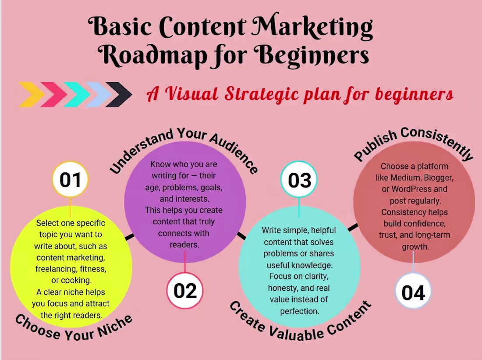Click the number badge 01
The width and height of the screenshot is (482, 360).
(x=70, y=179)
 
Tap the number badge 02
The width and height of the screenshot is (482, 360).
(x=185, y=290)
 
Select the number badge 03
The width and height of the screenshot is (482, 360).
(x=299, y=180)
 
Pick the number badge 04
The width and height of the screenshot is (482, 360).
(x=413, y=292)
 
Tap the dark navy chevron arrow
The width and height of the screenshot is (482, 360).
(x=119, y=94)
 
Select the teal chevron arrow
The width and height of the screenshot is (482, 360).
(x=77, y=94)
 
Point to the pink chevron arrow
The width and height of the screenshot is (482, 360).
(x=54, y=94)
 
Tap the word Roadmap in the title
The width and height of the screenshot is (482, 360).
(x=152, y=55)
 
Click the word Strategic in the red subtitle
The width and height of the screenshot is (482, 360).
(x=261, y=94)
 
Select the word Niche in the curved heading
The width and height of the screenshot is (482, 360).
(x=115, y=326)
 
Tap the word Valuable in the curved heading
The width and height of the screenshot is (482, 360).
(x=296, y=334)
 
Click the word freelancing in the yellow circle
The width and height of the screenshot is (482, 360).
(x=56, y=269)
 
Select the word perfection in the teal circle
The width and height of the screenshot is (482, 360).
(x=299, y=311)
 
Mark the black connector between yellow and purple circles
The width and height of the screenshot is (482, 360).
(x=129, y=237)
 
